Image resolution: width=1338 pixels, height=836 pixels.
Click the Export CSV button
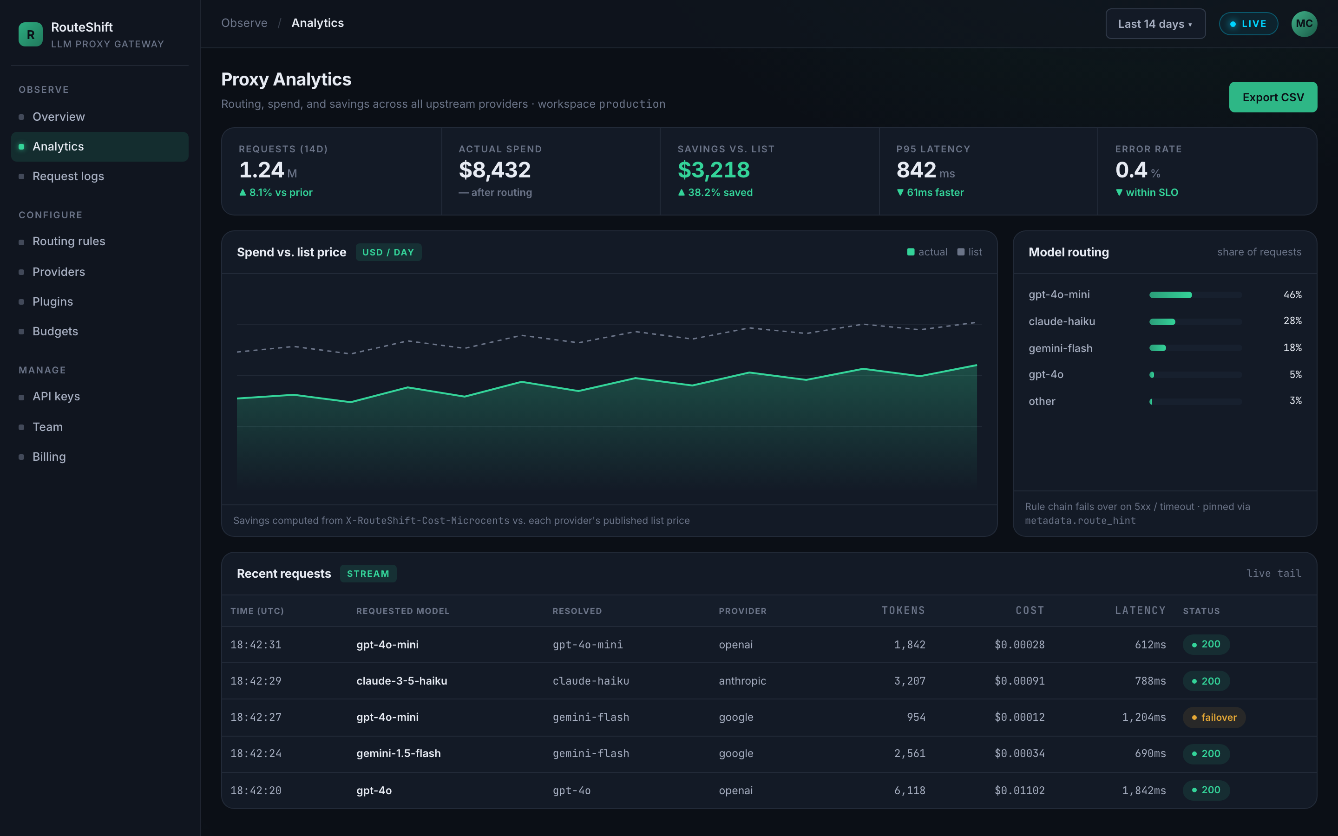pos(1273,98)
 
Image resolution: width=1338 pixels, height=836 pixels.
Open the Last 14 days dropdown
pos(1155,24)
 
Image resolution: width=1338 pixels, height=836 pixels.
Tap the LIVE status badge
pos(1248,24)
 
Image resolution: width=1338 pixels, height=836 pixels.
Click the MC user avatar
pos(1304,24)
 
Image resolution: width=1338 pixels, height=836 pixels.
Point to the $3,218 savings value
pos(714,170)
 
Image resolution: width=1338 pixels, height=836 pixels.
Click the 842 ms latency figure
pos(925,170)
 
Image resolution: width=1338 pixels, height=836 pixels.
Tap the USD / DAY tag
pos(388,252)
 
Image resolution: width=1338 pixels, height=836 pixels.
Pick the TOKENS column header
pos(903,610)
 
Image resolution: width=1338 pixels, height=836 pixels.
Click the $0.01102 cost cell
pos(1020,790)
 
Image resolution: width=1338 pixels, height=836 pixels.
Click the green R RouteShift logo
pos(30,34)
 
